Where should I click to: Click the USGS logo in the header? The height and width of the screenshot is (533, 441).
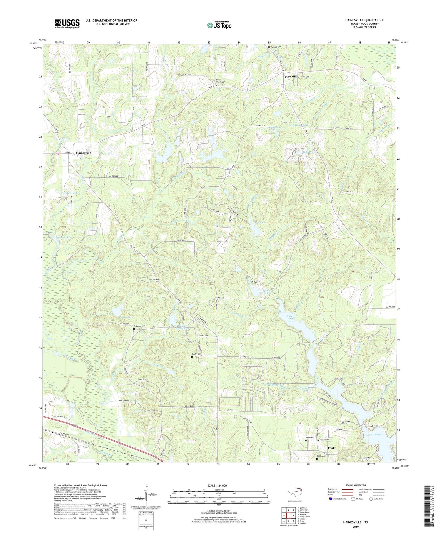[67, 24]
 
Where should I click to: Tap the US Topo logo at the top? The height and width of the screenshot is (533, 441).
[219, 25]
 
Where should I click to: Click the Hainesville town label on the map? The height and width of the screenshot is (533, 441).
[83, 153]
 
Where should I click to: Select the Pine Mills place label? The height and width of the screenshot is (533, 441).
[291, 76]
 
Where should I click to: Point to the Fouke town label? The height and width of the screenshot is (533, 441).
[332, 448]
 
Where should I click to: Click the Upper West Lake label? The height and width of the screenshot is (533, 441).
[290, 319]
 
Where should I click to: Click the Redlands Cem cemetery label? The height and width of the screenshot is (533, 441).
[140, 326]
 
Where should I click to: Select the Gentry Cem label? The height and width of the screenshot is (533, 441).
[197, 354]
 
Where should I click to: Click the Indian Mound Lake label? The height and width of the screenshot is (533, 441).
[268, 291]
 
